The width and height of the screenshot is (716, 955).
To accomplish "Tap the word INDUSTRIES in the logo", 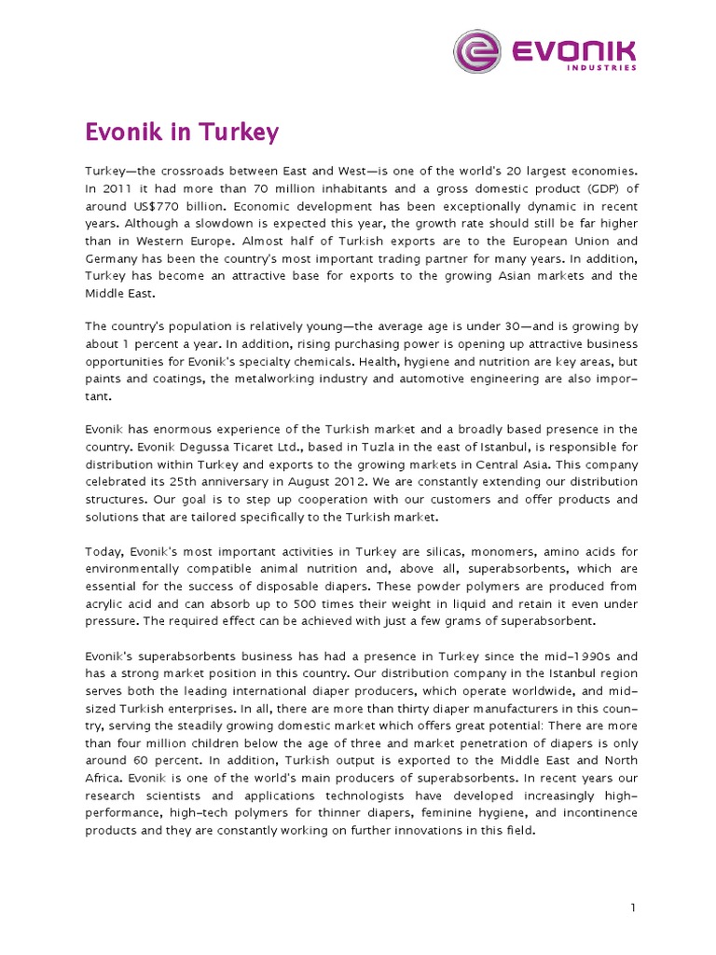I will (602, 68).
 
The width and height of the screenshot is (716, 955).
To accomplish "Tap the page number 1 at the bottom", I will (632, 907).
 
